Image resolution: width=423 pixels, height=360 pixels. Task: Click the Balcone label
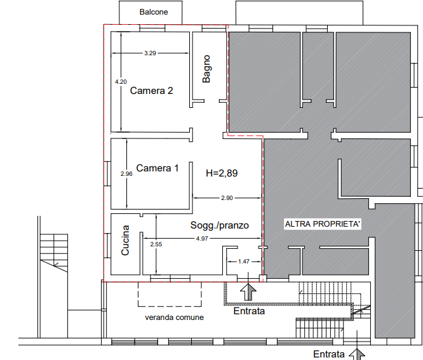tap(154, 12)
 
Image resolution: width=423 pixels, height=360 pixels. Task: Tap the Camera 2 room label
tap(151, 91)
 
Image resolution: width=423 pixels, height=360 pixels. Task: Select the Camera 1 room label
tap(158, 168)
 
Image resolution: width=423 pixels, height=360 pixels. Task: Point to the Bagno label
tap(206, 69)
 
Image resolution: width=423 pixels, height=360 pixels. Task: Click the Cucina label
tap(125, 240)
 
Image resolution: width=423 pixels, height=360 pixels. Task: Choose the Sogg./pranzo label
tap(220, 225)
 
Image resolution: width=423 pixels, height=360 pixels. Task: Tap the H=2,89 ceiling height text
tap(222, 173)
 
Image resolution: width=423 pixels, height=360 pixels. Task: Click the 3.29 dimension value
tap(150, 53)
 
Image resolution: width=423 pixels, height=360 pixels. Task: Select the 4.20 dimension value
tap(121, 82)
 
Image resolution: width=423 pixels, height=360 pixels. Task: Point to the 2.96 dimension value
tap(126, 174)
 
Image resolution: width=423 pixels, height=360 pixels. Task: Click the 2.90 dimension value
tap(227, 198)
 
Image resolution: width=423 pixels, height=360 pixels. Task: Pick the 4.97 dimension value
tap(202, 239)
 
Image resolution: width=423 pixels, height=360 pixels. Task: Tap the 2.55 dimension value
tap(156, 244)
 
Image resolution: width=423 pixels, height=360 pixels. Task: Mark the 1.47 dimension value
tap(244, 262)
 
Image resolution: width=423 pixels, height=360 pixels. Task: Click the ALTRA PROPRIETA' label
tap(323, 224)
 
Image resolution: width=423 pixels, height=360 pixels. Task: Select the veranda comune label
tap(174, 317)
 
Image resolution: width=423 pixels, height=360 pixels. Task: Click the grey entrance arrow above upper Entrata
tap(248, 292)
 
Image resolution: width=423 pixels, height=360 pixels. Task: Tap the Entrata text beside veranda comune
tap(249, 311)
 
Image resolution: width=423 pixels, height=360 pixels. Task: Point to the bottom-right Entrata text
tap(329, 354)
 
